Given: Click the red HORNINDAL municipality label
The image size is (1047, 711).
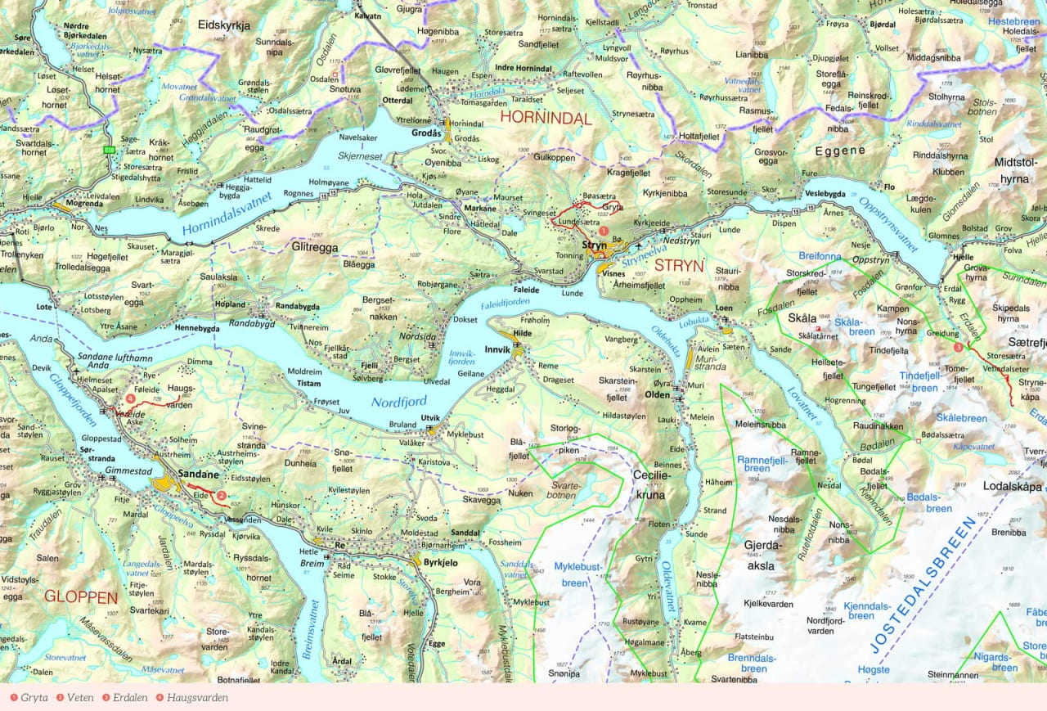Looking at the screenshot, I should (545, 118).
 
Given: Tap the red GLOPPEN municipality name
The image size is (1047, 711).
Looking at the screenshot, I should (81, 596).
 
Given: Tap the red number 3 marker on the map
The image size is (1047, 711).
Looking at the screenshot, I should (958, 347).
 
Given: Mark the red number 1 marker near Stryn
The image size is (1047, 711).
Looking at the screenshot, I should (604, 232).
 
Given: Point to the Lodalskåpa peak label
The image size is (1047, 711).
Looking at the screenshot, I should (1011, 486).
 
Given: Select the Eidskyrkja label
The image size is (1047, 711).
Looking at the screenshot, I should (223, 25).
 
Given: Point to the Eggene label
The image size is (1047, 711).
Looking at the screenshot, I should (839, 151).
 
